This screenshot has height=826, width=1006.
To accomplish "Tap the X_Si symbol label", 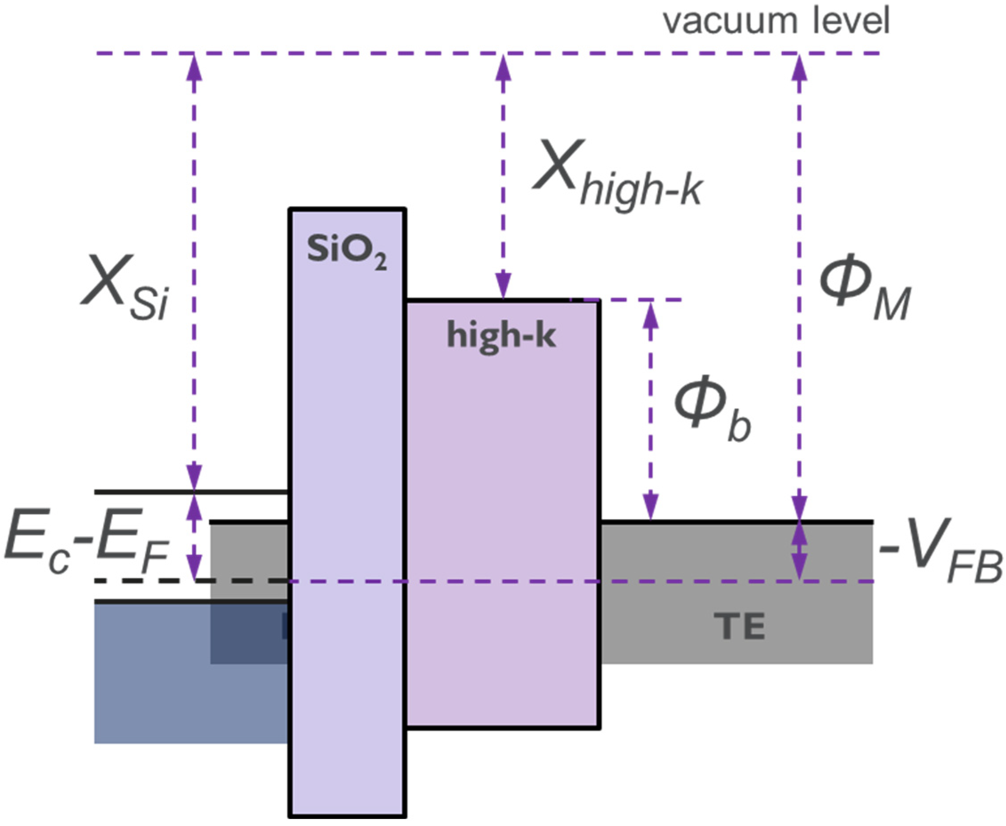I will coord(125,288).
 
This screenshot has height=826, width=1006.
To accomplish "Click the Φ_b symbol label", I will coord(712,409).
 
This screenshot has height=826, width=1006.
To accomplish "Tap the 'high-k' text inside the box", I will coord(501,336).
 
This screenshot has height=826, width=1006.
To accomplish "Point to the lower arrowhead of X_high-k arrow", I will coord(503,287).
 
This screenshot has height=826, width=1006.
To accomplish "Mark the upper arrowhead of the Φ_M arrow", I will coord(799,67).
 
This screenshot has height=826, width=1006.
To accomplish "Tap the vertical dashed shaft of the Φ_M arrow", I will coord(799,285).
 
